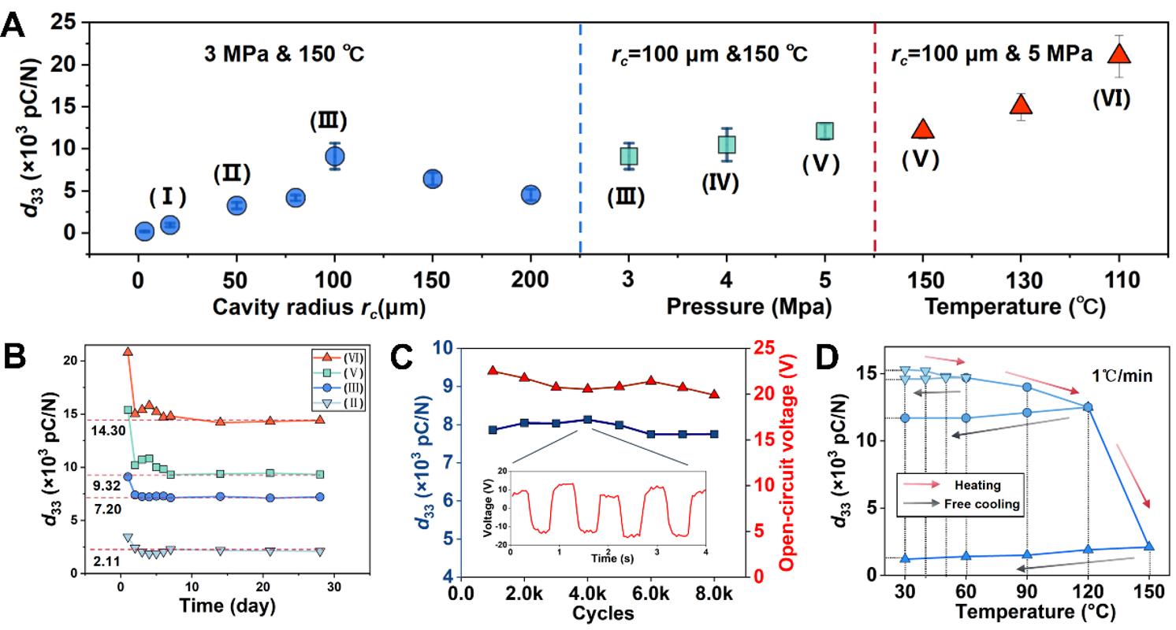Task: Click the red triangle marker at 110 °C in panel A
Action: click(x=1119, y=54)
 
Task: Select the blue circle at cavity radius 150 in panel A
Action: click(x=432, y=179)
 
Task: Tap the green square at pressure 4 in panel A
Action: click(x=727, y=145)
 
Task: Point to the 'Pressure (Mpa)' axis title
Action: click(x=749, y=307)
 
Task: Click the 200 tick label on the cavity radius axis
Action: click(x=530, y=281)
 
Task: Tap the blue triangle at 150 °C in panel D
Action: click(x=1149, y=546)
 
